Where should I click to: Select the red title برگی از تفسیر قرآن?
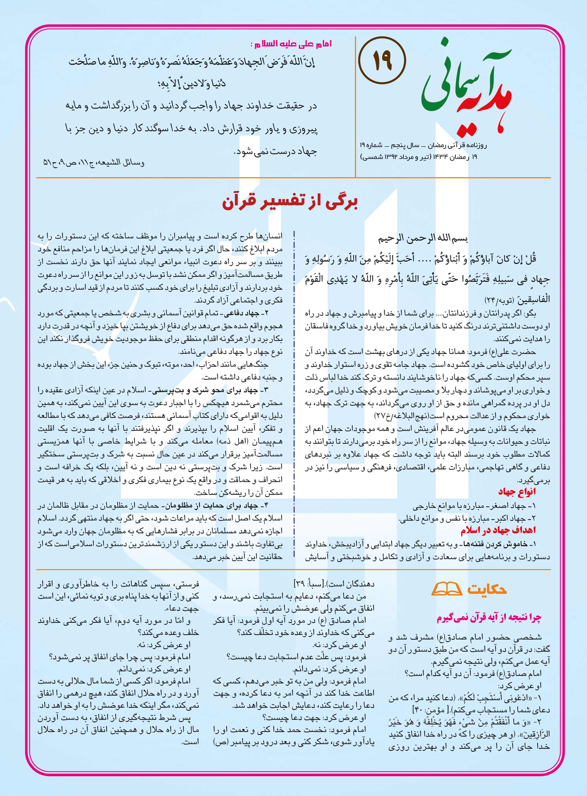290,201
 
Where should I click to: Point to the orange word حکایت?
487,589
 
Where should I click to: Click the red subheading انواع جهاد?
517,492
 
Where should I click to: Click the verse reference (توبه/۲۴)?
499,300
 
